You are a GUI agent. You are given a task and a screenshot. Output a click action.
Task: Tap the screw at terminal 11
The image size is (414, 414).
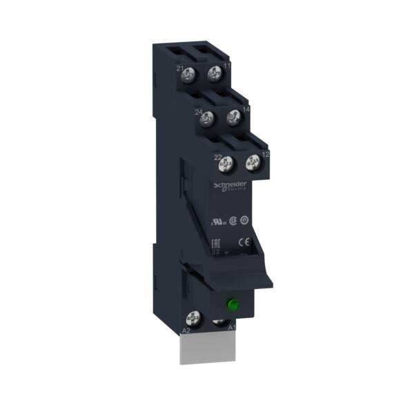[x=215, y=72]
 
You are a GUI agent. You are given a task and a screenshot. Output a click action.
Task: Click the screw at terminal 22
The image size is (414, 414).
[x=223, y=164]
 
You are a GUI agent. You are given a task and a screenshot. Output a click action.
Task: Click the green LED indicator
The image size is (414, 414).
[x=233, y=303]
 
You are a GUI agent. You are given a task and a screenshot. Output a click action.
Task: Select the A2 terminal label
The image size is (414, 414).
[x=186, y=332]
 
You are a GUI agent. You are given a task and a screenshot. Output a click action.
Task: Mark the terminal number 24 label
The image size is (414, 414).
[x=199, y=112]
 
